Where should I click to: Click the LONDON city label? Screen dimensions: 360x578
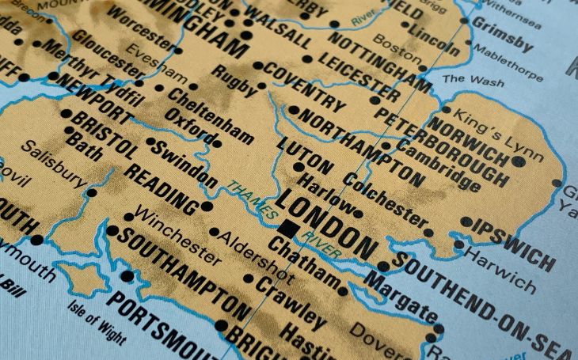click(326, 222)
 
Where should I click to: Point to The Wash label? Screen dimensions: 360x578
click(473, 79)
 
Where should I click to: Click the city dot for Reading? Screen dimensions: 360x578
click(207, 207)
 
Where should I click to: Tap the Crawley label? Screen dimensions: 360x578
click(290, 302)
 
